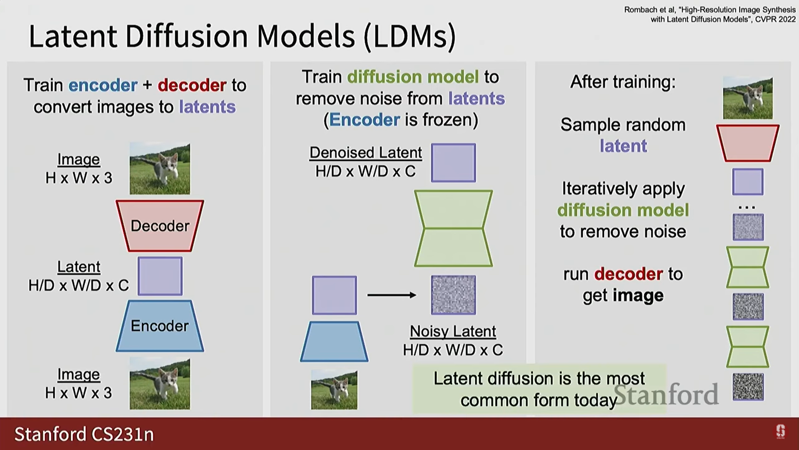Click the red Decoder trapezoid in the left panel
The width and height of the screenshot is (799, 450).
point(160,226)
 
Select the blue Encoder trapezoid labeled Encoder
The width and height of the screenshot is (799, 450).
point(160,326)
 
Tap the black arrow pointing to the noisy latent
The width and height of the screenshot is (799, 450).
point(392,295)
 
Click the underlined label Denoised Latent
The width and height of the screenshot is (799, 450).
point(365,152)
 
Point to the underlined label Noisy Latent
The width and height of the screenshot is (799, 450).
point(453,331)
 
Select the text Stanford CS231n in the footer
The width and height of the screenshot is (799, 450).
point(84,434)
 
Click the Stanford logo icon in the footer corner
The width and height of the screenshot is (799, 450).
point(780,432)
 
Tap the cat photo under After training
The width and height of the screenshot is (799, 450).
point(747,98)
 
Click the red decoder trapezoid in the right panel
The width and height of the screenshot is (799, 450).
point(747,143)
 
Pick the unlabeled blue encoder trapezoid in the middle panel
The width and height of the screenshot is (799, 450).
point(334,341)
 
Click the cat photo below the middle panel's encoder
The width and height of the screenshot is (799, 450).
point(334,390)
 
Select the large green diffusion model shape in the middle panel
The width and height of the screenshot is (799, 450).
point(453,228)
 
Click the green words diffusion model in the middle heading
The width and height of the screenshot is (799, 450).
point(413,77)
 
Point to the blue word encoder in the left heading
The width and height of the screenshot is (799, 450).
point(103,85)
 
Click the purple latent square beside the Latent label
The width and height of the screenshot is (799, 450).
point(160,276)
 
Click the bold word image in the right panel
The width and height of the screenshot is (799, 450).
point(638,295)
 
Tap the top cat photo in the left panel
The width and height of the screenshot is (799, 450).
point(160,169)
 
